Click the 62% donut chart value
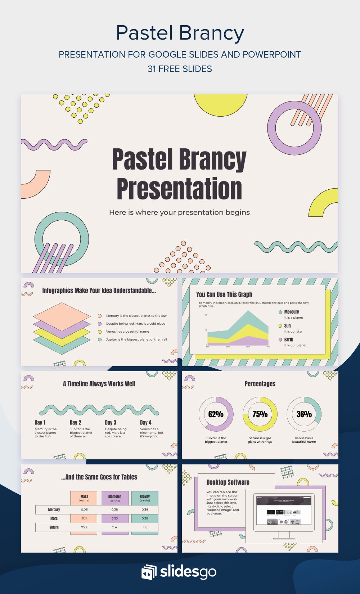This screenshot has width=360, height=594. point(216,414)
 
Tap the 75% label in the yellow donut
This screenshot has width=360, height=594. point(260,414)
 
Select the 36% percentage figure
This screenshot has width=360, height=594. point(304,414)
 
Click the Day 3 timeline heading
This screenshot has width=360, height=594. point(111,423)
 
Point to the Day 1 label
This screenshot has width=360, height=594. point(40,423)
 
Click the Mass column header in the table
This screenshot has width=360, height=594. point(84,496)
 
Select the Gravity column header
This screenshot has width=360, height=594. point(145,496)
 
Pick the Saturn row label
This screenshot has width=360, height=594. point(54,527)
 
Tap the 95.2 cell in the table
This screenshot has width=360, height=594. point(84,527)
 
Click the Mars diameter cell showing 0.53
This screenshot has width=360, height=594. point(114,518)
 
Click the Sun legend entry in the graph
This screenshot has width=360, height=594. point(287,326)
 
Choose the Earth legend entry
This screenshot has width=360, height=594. point(289,339)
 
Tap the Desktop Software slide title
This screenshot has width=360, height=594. point(228,482)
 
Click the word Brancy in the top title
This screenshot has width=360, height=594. point(212,33)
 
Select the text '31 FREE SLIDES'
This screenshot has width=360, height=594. point(180,69)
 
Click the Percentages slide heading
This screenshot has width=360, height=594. point(260,384)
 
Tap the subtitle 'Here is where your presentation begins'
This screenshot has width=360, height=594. point(179,212)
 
